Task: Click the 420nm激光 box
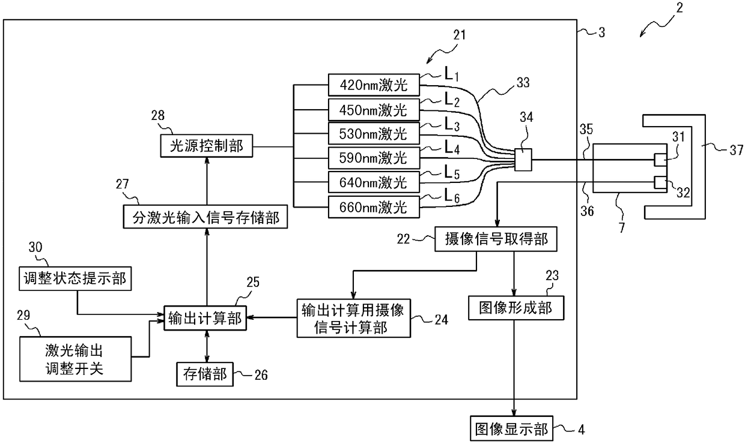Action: click(x=374, y=85)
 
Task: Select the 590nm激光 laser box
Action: click(x=374, y=158)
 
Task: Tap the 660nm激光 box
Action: click(x=374, y=207)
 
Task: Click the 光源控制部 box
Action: click(x=207, y=146)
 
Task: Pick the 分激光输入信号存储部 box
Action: click(x=205, y=217)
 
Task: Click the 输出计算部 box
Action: click(x=205, y=318)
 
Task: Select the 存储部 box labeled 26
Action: click(x=205, y=374)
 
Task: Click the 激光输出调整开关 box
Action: click(x=76, y=359)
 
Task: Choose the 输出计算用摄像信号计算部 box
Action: click(x=353, y=318)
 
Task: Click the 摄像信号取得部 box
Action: click(x=496, y=239)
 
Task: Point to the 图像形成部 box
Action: click(x=516, y=308)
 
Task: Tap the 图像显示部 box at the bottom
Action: click(x=511, y=429)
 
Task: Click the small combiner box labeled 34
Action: click(x=523, y=160)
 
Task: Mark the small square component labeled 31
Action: click(x=660, y=160)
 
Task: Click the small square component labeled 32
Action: click(x=660, y=182)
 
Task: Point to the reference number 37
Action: click(x=736, y=150)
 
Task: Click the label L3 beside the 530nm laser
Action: click(x=452, y=125)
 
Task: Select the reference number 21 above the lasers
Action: click(x=459, y=35)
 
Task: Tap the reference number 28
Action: click(x=157, y=115)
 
